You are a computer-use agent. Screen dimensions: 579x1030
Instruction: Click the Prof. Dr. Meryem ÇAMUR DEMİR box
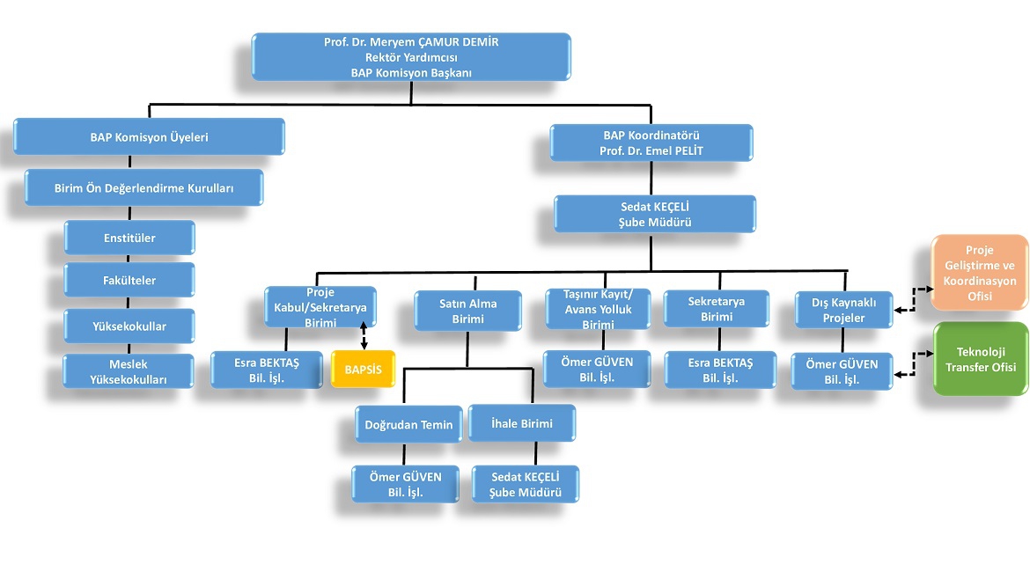click(411, 57)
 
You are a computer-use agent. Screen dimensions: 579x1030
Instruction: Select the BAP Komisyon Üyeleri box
click(149, 137)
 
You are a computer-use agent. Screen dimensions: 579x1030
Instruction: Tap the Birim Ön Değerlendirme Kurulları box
click(143, 187)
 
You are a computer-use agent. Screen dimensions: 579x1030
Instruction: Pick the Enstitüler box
click(129, 237)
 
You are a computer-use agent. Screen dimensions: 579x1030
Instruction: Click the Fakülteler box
click(129, 281)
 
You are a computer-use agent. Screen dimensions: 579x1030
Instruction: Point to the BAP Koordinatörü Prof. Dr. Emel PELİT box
click(651, 143)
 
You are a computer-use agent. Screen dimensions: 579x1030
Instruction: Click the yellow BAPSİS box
click(364, 370)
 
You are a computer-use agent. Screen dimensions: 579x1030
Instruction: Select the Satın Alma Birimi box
click(467, 311)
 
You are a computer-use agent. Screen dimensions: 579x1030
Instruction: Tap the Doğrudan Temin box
click(408, 424)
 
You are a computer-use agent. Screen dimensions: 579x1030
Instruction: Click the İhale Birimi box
click(522, 423)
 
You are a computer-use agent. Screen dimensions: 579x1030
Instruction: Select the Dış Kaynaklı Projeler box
click(842, 311)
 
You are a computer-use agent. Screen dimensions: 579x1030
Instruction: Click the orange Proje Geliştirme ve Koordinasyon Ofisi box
click(980, 273)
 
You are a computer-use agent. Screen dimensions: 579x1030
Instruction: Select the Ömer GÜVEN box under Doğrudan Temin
click(406, 484)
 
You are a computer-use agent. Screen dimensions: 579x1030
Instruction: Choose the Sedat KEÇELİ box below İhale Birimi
click(526, 484)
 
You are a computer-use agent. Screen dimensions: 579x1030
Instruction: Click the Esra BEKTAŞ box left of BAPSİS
click(267, 370)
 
